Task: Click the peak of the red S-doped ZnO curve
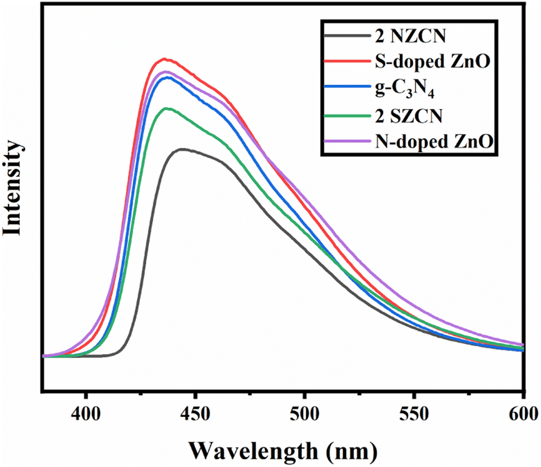[164, 59]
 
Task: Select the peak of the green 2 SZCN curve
[166, 108]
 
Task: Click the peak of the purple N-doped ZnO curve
[165, 71]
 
